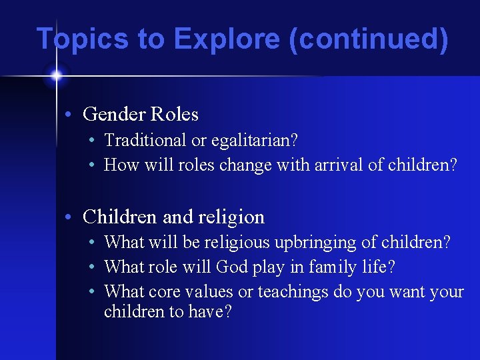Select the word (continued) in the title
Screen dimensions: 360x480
369,39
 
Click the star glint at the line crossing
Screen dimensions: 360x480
56,76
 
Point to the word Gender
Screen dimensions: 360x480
114,115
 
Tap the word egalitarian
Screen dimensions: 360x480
253,141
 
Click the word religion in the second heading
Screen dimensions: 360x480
231,217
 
